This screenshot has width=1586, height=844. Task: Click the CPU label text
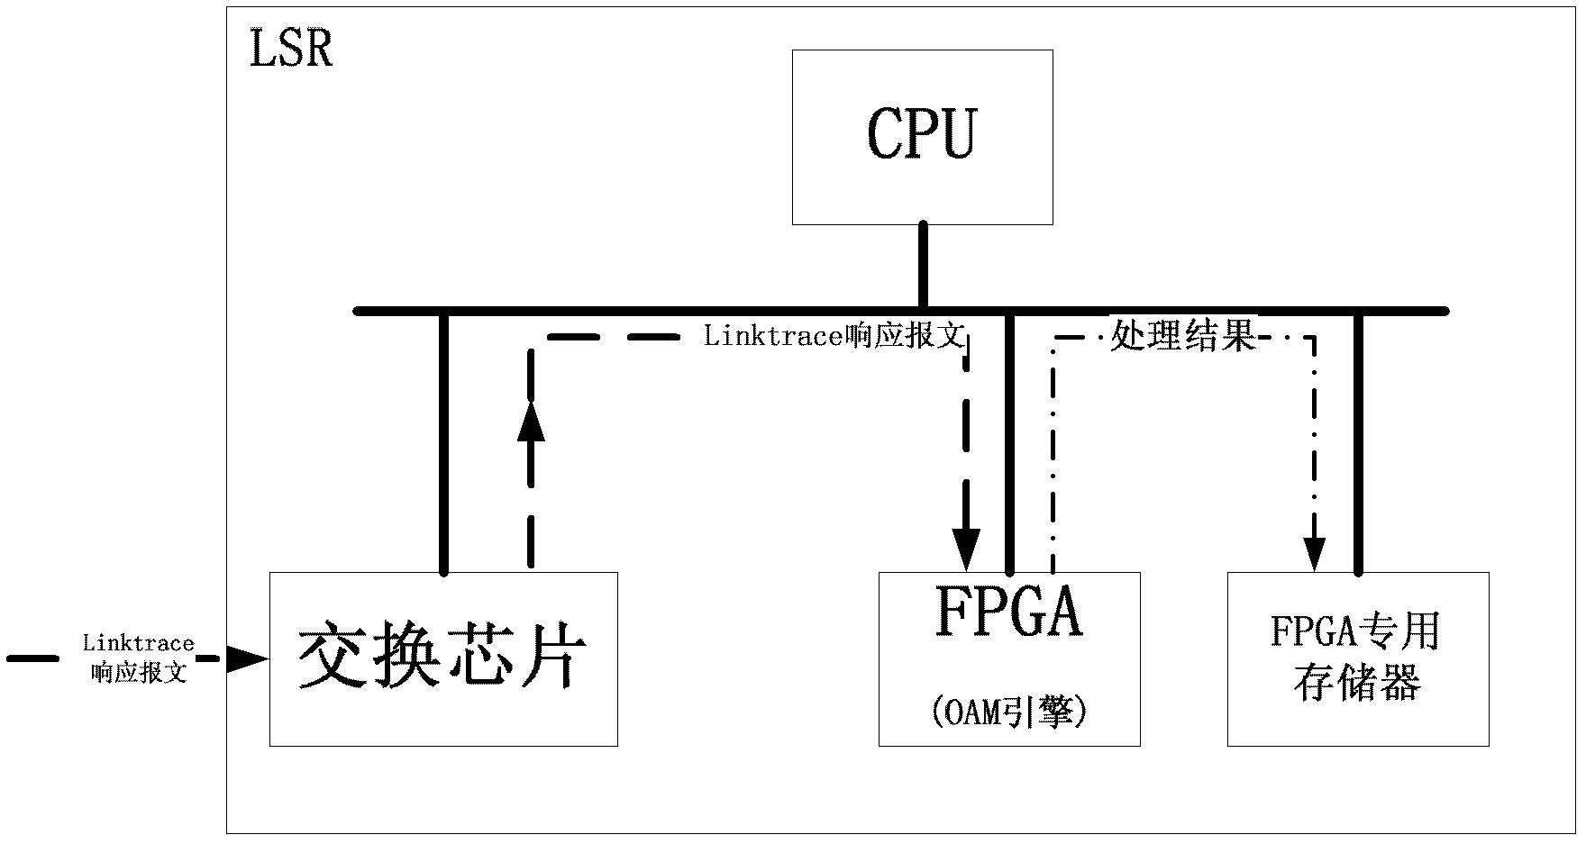tap(922, 133)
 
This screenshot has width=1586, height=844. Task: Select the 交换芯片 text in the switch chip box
tap(442, 658)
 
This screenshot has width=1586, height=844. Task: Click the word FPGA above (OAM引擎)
tap(1009, 613)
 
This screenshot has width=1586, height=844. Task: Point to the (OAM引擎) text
tap(1009, 712)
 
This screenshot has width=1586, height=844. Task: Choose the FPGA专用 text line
tap(1356, 631)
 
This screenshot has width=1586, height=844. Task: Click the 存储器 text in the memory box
tap(1357, 683)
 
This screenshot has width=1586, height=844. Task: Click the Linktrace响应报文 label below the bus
tap(834, 337)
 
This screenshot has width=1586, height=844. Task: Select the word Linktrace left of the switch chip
tap(139, 643)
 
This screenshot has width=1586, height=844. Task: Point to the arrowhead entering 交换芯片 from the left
tap(247, 659)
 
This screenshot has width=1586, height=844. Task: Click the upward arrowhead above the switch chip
tap(531, 420)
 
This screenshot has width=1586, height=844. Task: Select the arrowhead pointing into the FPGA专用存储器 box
tap(1316, 554)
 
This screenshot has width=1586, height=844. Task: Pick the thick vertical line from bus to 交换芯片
tap(443, 442)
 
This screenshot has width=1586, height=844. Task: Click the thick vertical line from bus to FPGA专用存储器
tap(1359, 442)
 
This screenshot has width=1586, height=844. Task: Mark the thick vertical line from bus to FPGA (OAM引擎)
tap(1009, 442)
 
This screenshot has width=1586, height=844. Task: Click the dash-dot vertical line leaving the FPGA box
tap(1053, 455)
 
